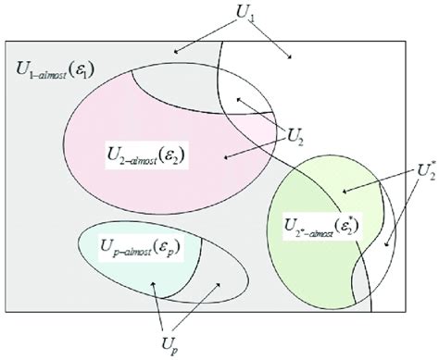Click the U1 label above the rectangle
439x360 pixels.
pyautogui.click(x=243, y=16)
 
